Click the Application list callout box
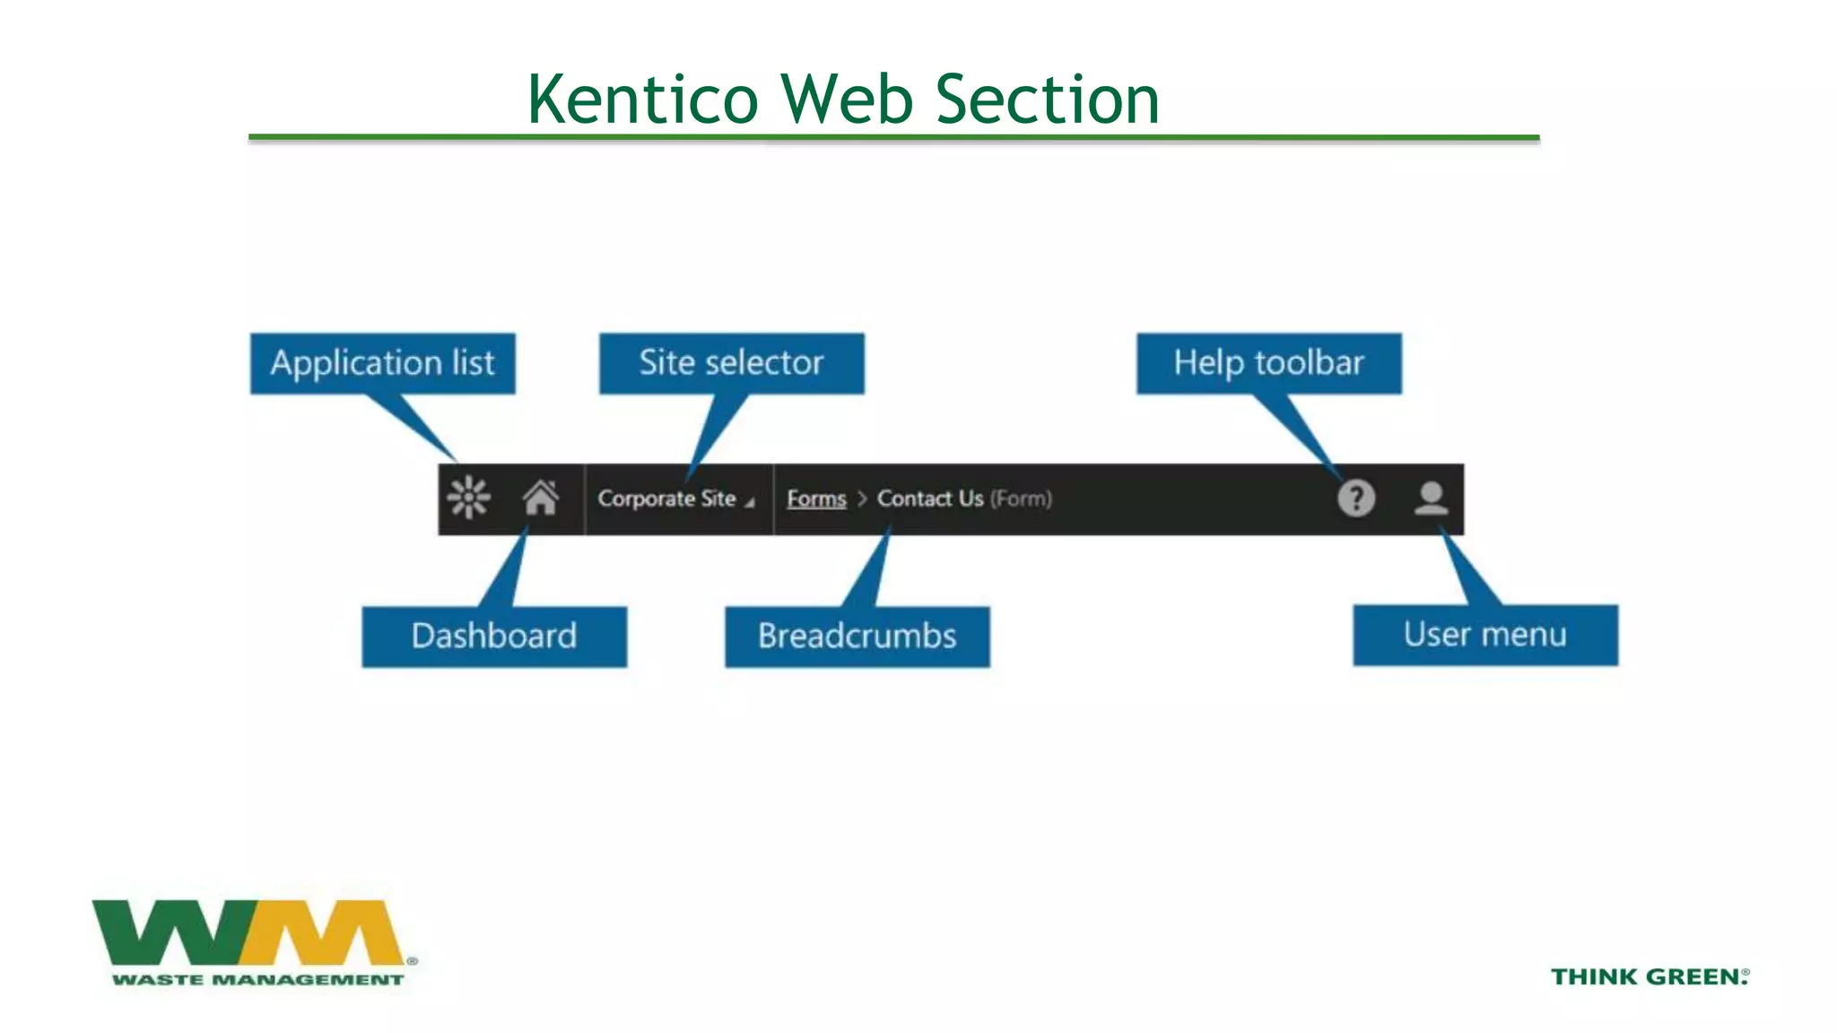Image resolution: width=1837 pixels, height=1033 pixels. tap(383, 363)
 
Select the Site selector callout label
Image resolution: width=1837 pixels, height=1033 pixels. tap(731, 363)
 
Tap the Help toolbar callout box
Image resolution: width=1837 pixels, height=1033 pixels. tap(1268, 363)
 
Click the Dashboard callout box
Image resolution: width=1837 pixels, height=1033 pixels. tap(494, 636)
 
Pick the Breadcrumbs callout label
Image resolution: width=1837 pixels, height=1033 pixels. tap(857, 636)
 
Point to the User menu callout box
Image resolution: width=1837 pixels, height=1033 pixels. tap(1485, 635)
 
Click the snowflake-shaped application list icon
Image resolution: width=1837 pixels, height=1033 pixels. tap(469, 498)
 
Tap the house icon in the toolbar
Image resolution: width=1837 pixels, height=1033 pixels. tap(541, 498)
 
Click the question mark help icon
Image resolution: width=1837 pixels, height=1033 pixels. tap(1355, 498)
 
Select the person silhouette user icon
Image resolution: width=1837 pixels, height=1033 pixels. tap(1431, 498)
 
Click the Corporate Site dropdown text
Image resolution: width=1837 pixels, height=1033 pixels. tap(667, 499)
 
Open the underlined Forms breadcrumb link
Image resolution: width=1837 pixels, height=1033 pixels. tap(816, 499)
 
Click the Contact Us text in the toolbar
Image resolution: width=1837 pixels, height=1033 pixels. tap(930, 499)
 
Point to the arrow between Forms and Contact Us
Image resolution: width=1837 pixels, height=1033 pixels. tap(862, 499)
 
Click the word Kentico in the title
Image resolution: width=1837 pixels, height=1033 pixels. tap(642, 99)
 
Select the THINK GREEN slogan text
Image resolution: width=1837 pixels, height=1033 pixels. tap(1649, 977)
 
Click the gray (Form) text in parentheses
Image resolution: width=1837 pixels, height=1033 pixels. tap(1021, 499)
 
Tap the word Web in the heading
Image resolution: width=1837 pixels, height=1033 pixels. tap(847, 99)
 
